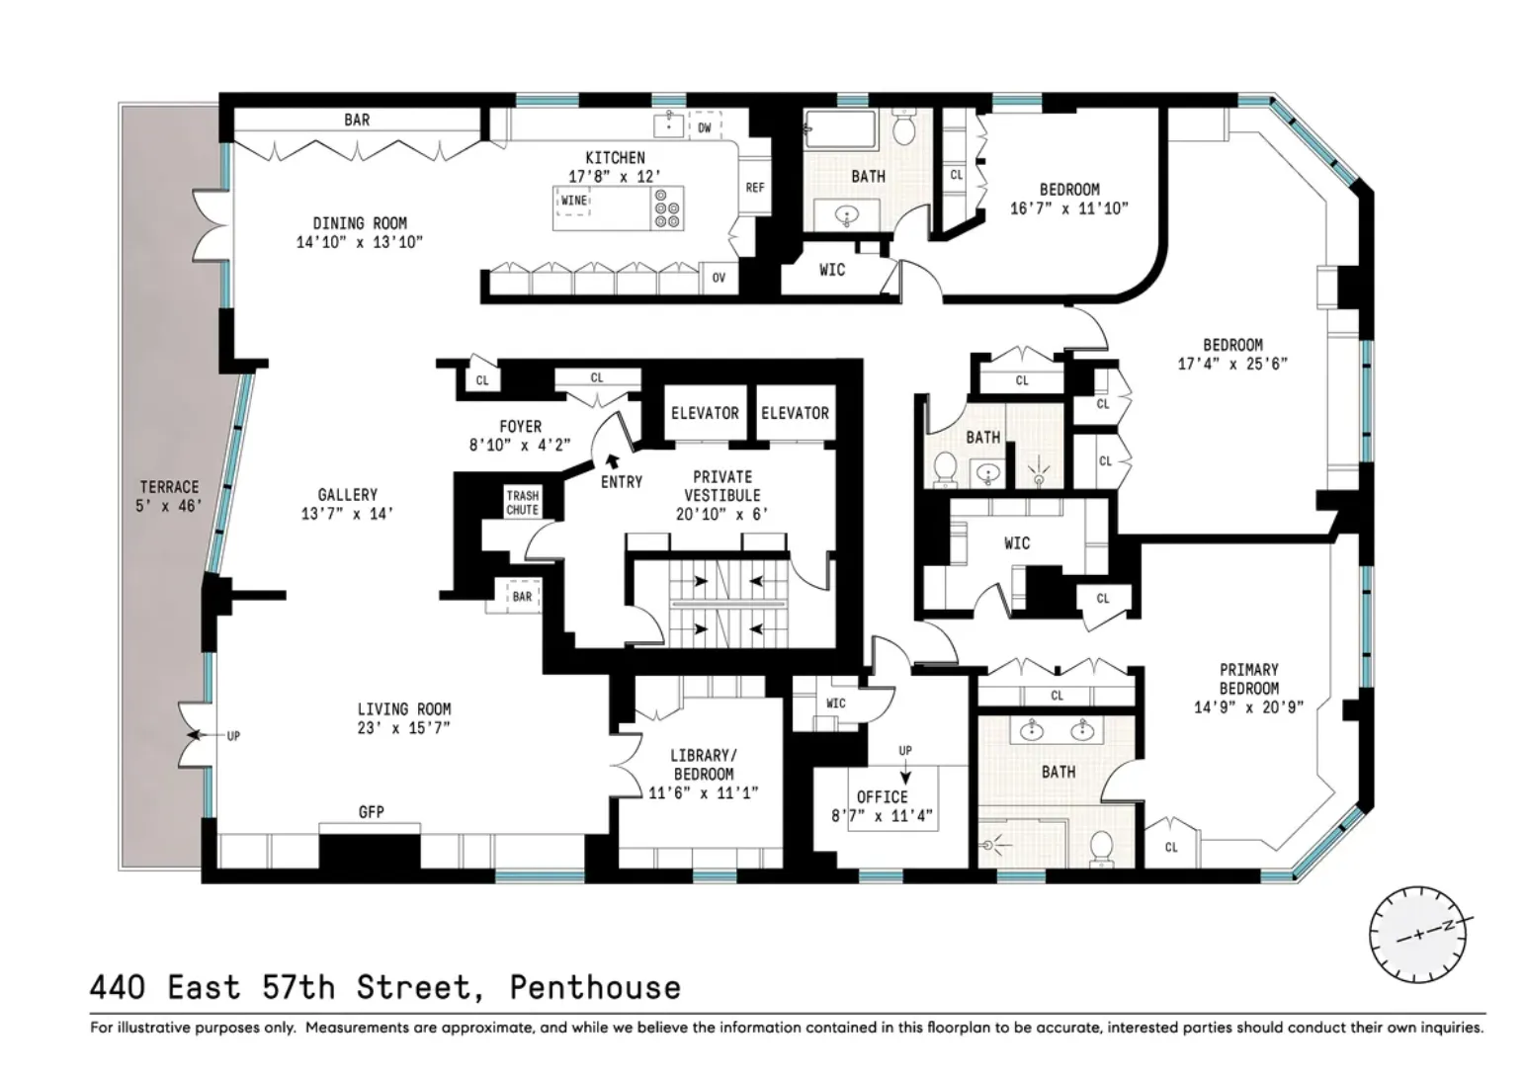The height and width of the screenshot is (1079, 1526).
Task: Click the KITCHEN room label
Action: point(615,158)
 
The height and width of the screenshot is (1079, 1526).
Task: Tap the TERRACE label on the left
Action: point(169,487)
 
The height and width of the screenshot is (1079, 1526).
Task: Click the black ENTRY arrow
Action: point(613,459)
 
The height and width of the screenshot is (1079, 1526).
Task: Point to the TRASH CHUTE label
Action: point(523,503)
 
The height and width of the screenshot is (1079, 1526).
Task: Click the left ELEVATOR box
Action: point(705,413)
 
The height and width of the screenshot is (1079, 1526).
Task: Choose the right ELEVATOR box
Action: point(795,413)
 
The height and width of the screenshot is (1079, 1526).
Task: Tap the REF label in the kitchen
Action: point(755,188)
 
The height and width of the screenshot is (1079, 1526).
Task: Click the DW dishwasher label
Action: point(705,127)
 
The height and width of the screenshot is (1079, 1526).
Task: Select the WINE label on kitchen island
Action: point(573,201)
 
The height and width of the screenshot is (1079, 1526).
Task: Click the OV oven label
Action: point(719,278)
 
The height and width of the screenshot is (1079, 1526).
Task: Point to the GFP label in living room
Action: point(372,812)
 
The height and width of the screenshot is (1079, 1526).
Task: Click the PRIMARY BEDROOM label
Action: point(1248,679)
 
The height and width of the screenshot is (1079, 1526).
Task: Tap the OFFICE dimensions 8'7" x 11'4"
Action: point(882,816)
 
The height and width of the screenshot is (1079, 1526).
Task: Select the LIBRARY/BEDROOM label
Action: point(703,765)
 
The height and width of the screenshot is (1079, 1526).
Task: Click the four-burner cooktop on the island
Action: point(667,208)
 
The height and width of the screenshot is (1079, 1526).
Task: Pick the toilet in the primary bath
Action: point(1101,847)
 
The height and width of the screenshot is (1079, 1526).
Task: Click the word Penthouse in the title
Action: point(595,987)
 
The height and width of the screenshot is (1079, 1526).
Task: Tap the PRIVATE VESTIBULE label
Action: point(722,485)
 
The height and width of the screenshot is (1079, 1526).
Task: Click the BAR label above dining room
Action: point(357,120)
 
